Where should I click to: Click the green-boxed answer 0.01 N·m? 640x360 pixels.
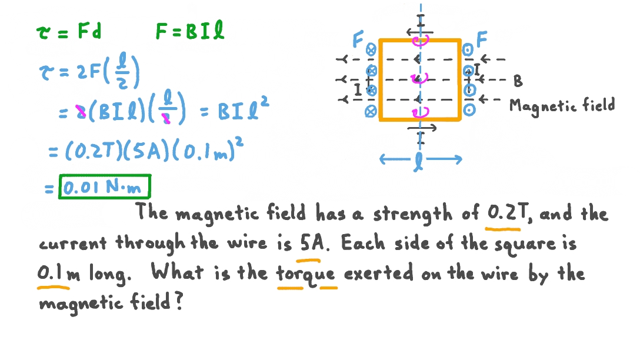pyautogui.click(x=105, y=188)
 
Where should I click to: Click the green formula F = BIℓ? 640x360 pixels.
pyautogui.click(x=190, y=32)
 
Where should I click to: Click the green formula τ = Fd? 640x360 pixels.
pyautogui.click(x=68, y=32)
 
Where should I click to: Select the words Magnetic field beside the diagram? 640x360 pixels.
pyautogui.click(x=562, y=105)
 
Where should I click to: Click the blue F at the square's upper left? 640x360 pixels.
pyautogui.click(x=358, y=40)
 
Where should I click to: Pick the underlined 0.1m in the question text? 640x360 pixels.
pyautogui.click(x=53, y=274)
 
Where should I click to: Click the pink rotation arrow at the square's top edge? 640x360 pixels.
pyautogui.click(x=421, y=40)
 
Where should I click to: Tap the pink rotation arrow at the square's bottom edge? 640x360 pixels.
pyautogui.click(x=421, y=111)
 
